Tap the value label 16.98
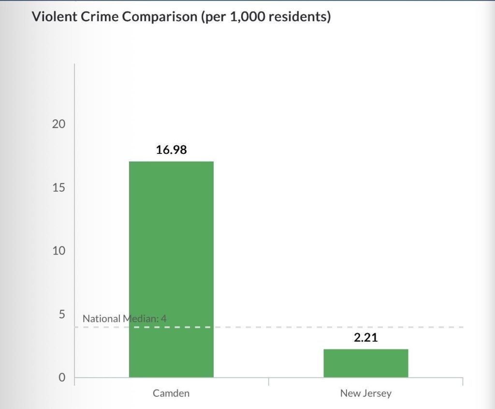(171, 150)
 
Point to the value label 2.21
(365, 337)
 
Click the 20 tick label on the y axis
(58, 124)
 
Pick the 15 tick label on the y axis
(58, 187)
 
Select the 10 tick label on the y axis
(58, 251)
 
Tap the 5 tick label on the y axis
(61, 314)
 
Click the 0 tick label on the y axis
(61, 378)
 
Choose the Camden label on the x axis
(171, 393)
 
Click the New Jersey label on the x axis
(365, 393)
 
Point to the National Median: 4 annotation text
(124, 318)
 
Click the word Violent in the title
(52, 17)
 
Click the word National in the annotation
(101, 318)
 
